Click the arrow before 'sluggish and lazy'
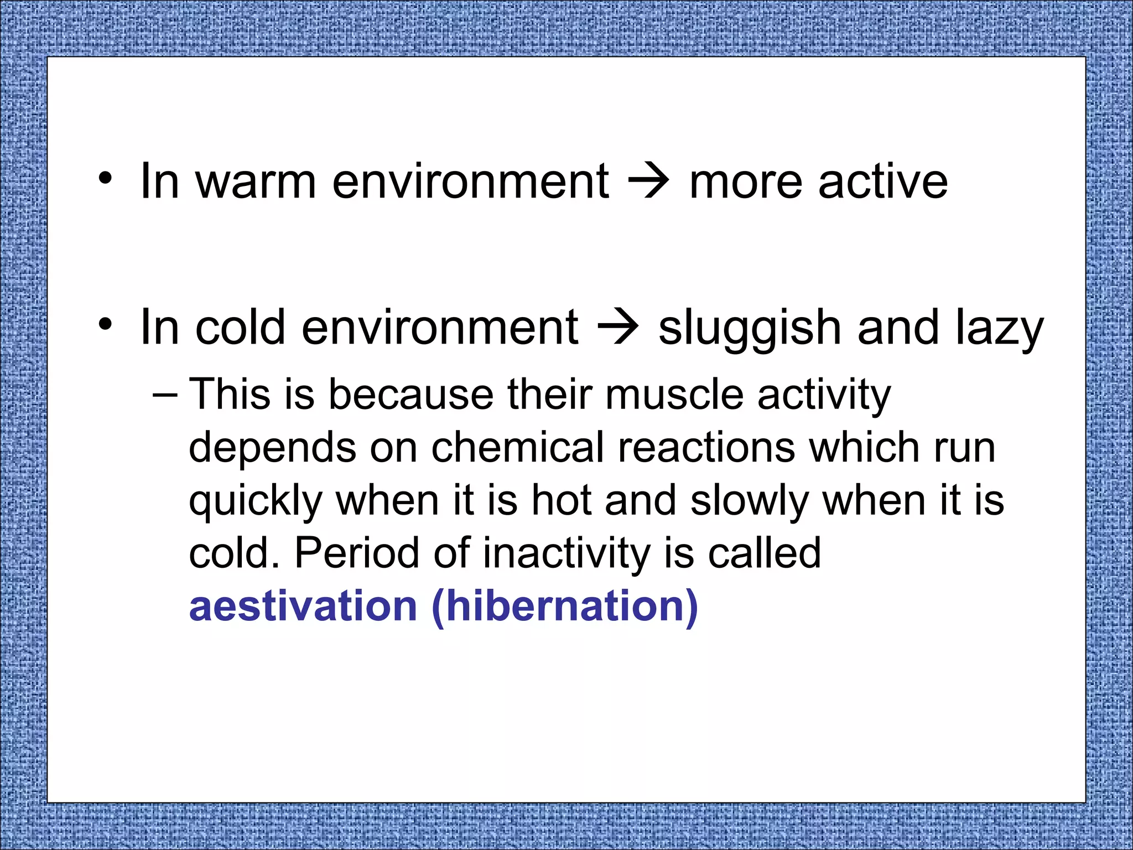619,329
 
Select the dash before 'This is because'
165,394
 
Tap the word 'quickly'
255,501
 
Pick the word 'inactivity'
566,553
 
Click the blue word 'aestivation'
303,607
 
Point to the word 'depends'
272,448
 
